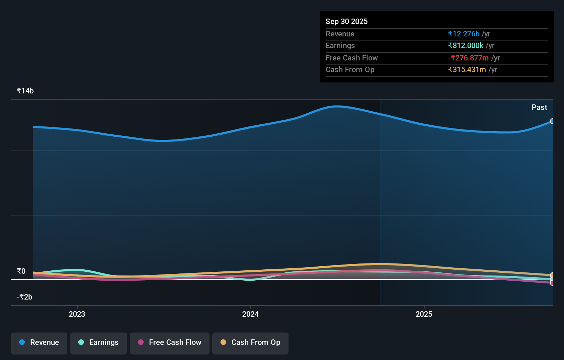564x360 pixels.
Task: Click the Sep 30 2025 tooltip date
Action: (346, 21)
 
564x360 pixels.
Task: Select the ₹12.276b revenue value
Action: (463, 34)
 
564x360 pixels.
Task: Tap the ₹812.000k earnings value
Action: (465, 45)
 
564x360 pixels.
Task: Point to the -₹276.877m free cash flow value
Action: (468, 58)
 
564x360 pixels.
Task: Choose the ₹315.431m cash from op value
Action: (466, 69)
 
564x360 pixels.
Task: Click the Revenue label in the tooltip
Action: (340, 34)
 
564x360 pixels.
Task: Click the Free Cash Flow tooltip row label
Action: (351, 58)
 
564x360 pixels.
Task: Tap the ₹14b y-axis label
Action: (25, 91)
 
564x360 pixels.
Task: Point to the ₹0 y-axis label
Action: (21, 271)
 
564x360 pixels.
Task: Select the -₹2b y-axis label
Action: (24, 297)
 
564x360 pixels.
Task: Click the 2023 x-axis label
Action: (77, 314)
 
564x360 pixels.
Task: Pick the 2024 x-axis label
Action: (250, 314)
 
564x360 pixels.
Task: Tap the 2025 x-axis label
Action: (424, 314)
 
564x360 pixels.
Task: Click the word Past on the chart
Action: (539, 107)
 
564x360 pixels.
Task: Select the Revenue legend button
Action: (39, 342)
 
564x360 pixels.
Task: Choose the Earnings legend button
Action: (99, 342)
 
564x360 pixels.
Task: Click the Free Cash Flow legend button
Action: (170, 342)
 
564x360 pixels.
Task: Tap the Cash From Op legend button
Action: (250, 342)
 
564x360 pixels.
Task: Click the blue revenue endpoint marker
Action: (552, 121)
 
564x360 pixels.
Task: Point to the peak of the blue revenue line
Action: (337, 106)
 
